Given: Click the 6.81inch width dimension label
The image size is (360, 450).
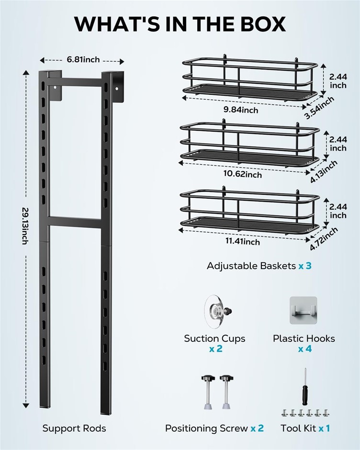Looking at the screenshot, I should tap(83, 60).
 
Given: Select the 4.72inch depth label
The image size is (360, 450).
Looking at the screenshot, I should tap(324, 238).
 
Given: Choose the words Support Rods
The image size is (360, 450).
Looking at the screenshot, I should tap(74, 428).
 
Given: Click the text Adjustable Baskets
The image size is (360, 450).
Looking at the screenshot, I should tap(251, 266).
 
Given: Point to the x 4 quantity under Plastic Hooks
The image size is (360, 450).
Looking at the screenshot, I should tap(304, 349).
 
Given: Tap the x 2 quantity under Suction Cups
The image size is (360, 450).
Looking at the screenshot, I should tap(215, 349).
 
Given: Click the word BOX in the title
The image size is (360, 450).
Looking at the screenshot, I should tap(255, 24).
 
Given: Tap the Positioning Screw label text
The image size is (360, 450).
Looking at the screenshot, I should tap(206, 428).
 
